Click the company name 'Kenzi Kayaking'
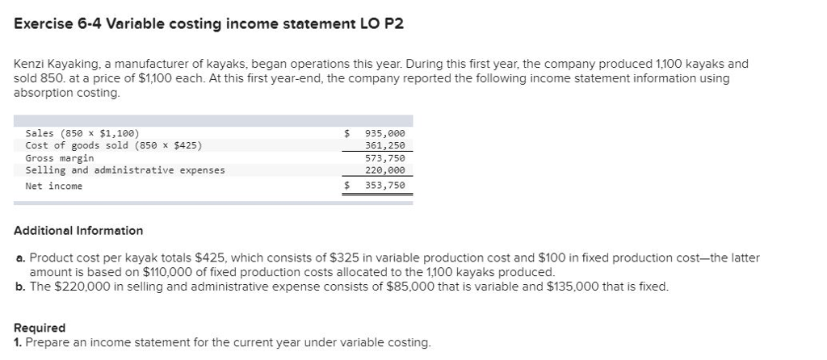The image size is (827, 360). [55, 63]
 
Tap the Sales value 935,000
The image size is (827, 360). [384, 133]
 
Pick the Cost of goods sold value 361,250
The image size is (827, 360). [384, 145]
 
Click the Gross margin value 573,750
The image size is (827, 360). [384, 158]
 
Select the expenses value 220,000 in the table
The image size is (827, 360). [384, 170]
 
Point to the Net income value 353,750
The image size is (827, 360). [384, 186]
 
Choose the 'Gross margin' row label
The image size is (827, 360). [60, 158]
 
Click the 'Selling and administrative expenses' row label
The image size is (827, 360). [125, 170]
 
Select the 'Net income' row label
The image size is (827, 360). [54, 186]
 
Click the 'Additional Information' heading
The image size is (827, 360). [78, 231]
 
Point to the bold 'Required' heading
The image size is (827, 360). [40, 329]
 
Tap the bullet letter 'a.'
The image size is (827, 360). [20, 258]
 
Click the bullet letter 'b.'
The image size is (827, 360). [20, 287]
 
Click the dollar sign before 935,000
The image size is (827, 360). [347, 133]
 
